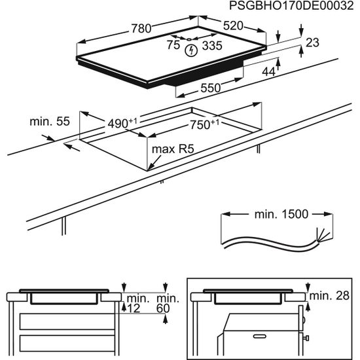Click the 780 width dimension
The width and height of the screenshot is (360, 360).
[x=141, y=29]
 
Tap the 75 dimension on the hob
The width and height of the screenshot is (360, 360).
[x=173, y=45]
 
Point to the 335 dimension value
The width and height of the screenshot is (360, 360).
[x=209, y=46]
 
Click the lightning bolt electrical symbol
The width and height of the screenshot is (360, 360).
[x=191, y=50]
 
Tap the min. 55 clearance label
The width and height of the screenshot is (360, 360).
[x=50, y=122]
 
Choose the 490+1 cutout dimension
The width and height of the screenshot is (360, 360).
[x=122, y=122]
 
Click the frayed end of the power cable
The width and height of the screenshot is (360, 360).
[x=322, y=234]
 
